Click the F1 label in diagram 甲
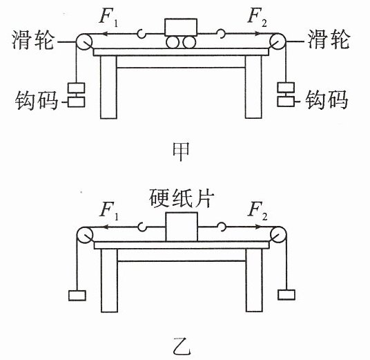click(108, 17)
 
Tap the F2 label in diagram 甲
click(257, 17)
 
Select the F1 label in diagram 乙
click(109, 211)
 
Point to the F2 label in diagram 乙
click(257, 211)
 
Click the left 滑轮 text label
click(33, 40)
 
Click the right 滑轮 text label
click(329, 39)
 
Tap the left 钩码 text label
click(37, 100)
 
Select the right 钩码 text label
click(327, 100)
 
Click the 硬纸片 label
click(182, 198)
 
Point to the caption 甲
click(181, 151)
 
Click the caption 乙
click(182, 346)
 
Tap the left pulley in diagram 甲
click(84, 42)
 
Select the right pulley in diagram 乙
click(278, 234)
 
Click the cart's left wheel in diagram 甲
click(173, 43)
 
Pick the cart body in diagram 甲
click(181, 27)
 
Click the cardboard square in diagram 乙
click(182, 227)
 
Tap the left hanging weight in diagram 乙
click(77, 296)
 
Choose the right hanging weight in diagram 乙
click(286, 294)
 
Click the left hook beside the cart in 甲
click(142, 34)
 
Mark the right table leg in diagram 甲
click(253, 87)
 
